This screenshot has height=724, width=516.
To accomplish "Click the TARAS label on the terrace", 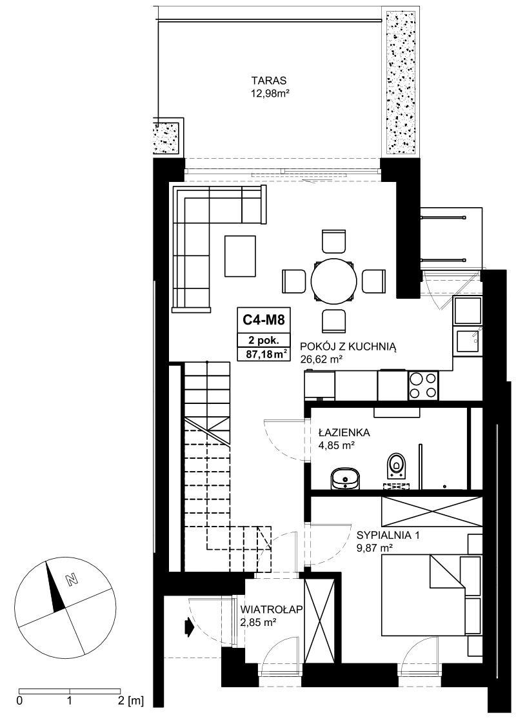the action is pyautogui.click(x=269, y=79).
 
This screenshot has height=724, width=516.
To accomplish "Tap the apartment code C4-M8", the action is pyautogui.click(x=264, y=319).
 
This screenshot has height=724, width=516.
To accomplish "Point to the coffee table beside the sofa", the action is pyautogui.click(x=240, y=256).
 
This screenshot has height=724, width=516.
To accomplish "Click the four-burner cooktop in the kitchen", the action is pyautogui.click(x=423, y=385).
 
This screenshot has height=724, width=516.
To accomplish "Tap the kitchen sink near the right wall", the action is pyautogui.click(x=467, y=340).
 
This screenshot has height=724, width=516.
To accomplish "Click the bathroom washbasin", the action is pyautogui.click(x=345, y=477).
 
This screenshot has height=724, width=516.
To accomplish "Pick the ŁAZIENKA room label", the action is pyautogui.click(x=344, y=432).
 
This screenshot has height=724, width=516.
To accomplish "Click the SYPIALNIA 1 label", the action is pyautogui.click(x=388, y=536).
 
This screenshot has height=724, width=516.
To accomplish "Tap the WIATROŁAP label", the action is pyautogui.click(x=272, y=610).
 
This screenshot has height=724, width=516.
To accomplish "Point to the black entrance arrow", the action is pyautogui.click(x=189, y=628).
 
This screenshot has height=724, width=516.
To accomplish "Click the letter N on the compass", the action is pyautogui.click(x=72, y=579).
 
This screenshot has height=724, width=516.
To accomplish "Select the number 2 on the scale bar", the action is pyautogui.click(x=121, y=701).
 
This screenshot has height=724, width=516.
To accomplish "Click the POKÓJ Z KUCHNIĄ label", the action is pyautogui.click(x=348, y=347).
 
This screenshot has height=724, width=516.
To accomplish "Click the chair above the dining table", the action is pyautogui.click(x=333, y=242).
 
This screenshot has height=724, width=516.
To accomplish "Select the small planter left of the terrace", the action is pyautogui.click(x=167, y=137).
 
